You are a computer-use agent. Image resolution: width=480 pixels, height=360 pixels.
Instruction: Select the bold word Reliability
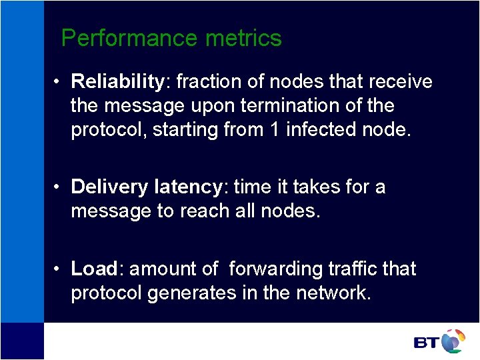[x=117, y=82]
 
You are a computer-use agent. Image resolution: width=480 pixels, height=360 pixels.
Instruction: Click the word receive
[x=399, y=82]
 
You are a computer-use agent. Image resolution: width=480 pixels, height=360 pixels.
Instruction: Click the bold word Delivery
[x=109, y=187]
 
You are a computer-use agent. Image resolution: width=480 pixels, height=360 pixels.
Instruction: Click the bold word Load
[x=94, y=269]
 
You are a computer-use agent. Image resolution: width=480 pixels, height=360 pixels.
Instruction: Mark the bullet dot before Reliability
[x=59, y=82]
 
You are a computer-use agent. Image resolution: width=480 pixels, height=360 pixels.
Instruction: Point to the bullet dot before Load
[x=59, y=269]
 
